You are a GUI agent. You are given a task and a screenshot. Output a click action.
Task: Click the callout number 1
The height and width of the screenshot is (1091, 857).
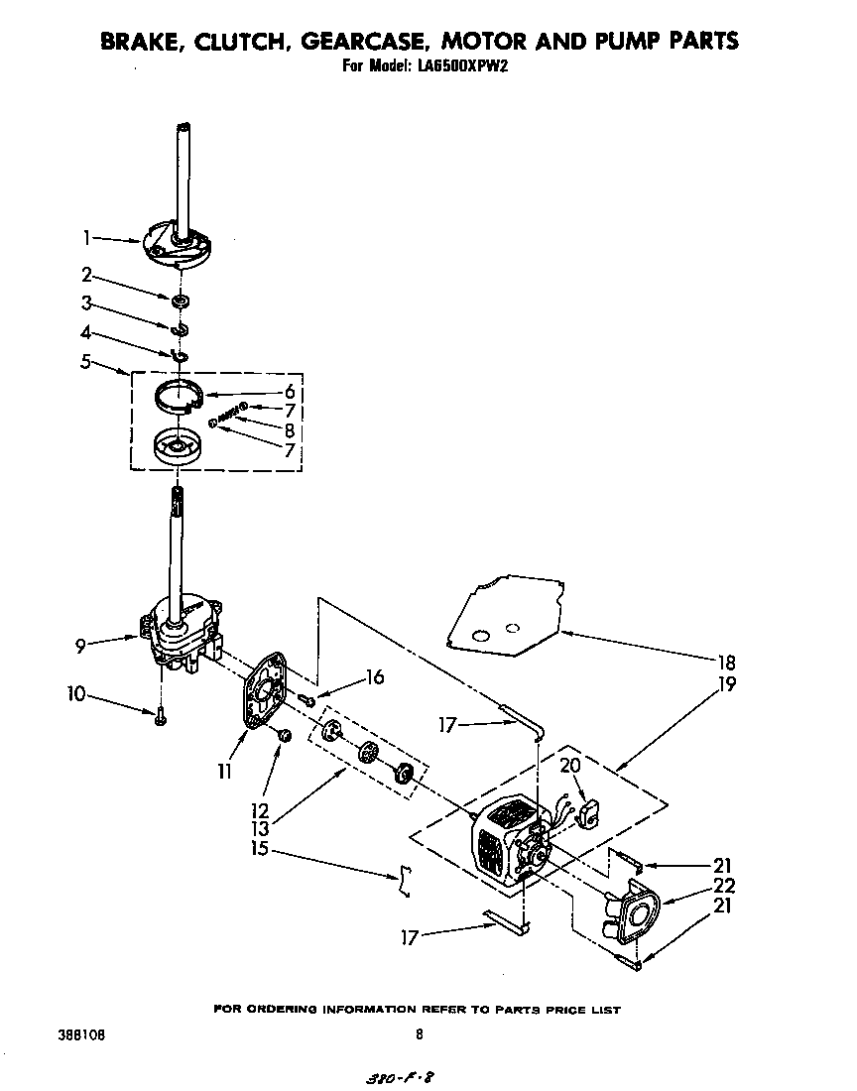click(87, 237)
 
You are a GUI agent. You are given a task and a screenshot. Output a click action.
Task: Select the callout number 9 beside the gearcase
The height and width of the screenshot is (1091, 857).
click(80, 646)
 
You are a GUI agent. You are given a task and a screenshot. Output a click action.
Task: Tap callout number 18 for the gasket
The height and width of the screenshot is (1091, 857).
click(726, 663)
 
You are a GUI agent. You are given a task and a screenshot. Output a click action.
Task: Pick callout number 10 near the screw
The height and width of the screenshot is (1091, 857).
click(76, 693)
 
